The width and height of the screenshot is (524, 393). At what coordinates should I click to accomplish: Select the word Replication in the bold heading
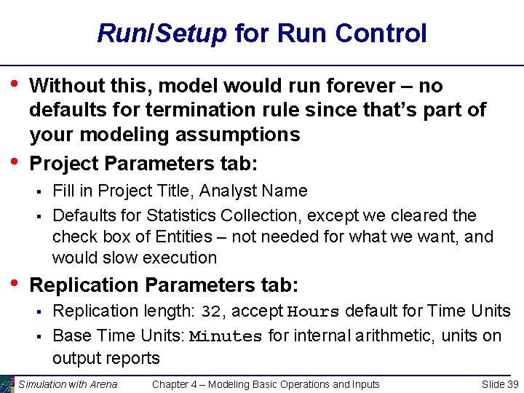click(83, 285)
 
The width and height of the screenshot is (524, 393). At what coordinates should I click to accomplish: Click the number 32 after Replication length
click(210, 312)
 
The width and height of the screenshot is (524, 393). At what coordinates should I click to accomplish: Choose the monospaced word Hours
click(314, 312)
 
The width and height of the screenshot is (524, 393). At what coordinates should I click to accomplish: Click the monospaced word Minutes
click(226, 336)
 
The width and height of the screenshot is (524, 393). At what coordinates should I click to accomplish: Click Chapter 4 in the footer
click(178, 384)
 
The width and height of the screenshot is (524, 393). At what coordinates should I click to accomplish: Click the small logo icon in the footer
click(7, 384)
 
